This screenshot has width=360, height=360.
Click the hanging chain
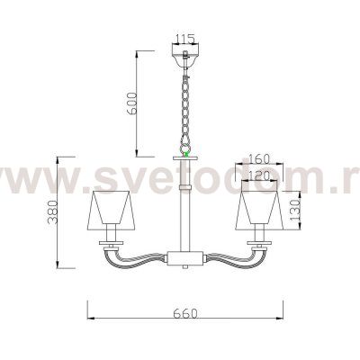[x=185, y=103]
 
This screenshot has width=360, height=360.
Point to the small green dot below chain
[x=185, y=154]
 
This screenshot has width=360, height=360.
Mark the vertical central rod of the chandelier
[x=185, y=216]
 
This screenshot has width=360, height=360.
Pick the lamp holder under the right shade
[x=260, y=241]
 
